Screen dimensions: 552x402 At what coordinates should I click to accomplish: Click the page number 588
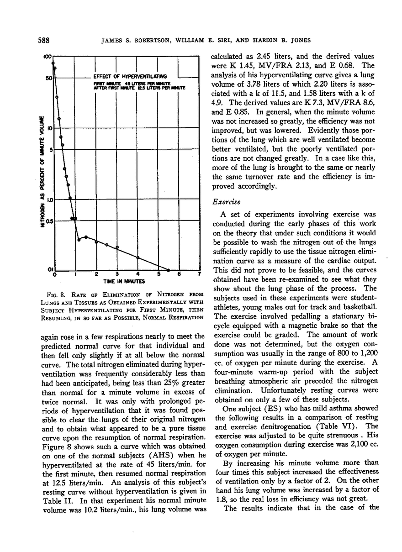pyautogui.click(x=43, y=40)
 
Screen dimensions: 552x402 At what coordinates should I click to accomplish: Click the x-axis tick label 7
pyautogui.click(x=200, y=274)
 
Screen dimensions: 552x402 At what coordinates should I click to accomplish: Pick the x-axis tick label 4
pyautogui.click(x=138, y=274)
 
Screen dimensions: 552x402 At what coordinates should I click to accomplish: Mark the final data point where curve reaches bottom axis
pyautogui.click(x=169, y=270)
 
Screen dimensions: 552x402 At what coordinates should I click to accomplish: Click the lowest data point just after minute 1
pyautogui.click(x=79, y=239)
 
